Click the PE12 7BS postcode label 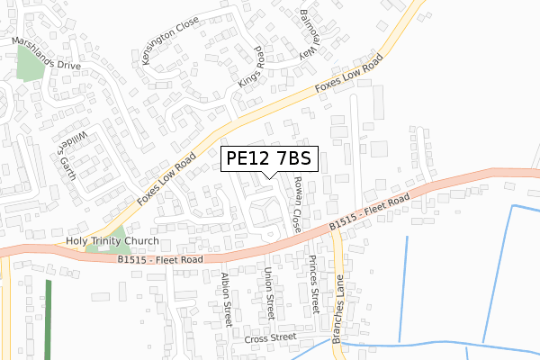268,159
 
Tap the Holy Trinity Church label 112,242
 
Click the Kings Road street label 249,68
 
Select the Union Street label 267,292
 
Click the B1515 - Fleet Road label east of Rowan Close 369,211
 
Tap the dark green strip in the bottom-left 49,319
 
